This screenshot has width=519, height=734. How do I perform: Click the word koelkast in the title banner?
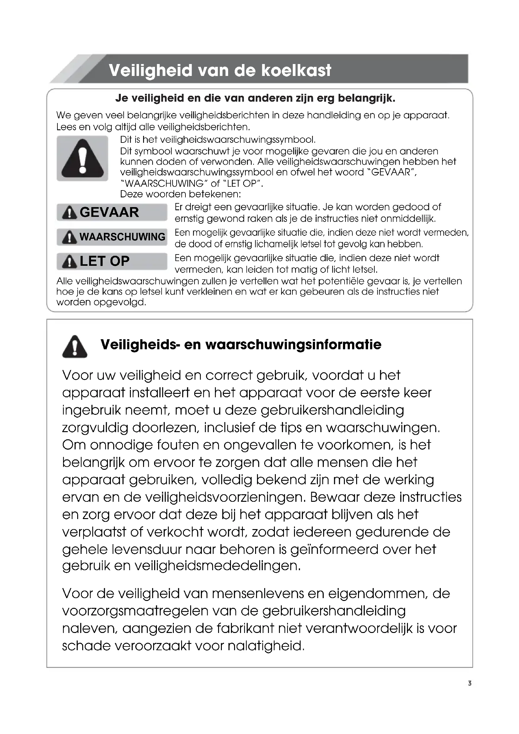pyautogui.click(x=296, y=70)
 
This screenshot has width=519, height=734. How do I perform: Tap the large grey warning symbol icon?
pyautogui.click(x=83, y=158)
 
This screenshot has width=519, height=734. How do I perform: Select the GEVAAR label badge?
pyautogui.click(x=112, y=212)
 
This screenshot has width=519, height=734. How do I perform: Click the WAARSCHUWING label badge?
pyautogui.click(x=112, y=237)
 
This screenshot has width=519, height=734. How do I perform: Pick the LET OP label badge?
pyautogui.click(x=112, y=261)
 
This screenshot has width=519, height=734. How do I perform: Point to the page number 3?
pyautogui.click(x=469, y=683)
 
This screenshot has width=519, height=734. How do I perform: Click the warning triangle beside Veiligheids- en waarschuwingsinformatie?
pyautogui.click(x=75, y=346)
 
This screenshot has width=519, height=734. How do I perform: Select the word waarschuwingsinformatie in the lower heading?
pyautogui.click(x=293, y=345)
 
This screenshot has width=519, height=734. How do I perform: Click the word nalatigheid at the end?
pyautogui.click(x=266, y=646)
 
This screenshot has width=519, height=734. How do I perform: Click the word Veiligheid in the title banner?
pyautogui.click(x=151, y=70)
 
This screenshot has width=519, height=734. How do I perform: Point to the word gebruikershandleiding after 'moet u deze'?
pyautogui.click(x=332, y=410)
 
